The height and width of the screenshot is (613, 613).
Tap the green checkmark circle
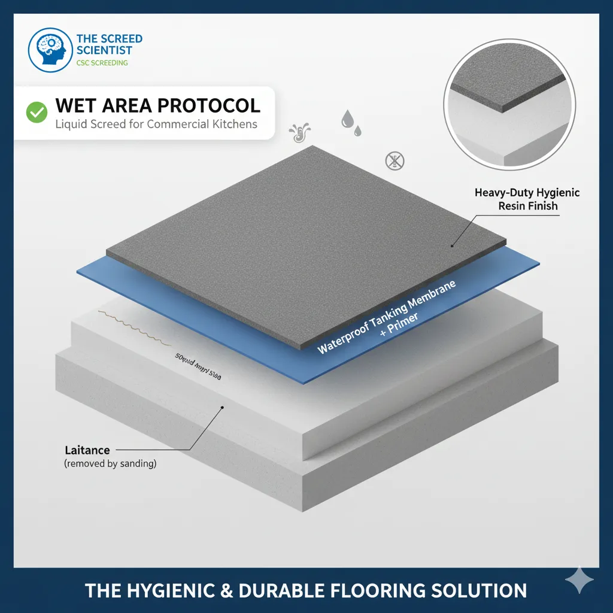tap(37, 111)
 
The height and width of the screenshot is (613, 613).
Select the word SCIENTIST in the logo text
tap(105, 51)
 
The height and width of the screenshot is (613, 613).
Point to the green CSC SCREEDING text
tap(102, 63)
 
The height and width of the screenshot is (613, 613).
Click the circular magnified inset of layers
tap(509, 114)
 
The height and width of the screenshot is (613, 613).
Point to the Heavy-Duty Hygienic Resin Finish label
tap(527, 199)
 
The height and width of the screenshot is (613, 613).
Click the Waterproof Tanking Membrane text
tap(386, 317)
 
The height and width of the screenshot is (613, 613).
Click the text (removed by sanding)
tap(110, 463)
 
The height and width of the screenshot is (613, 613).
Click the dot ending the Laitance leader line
tap(222, 408)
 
